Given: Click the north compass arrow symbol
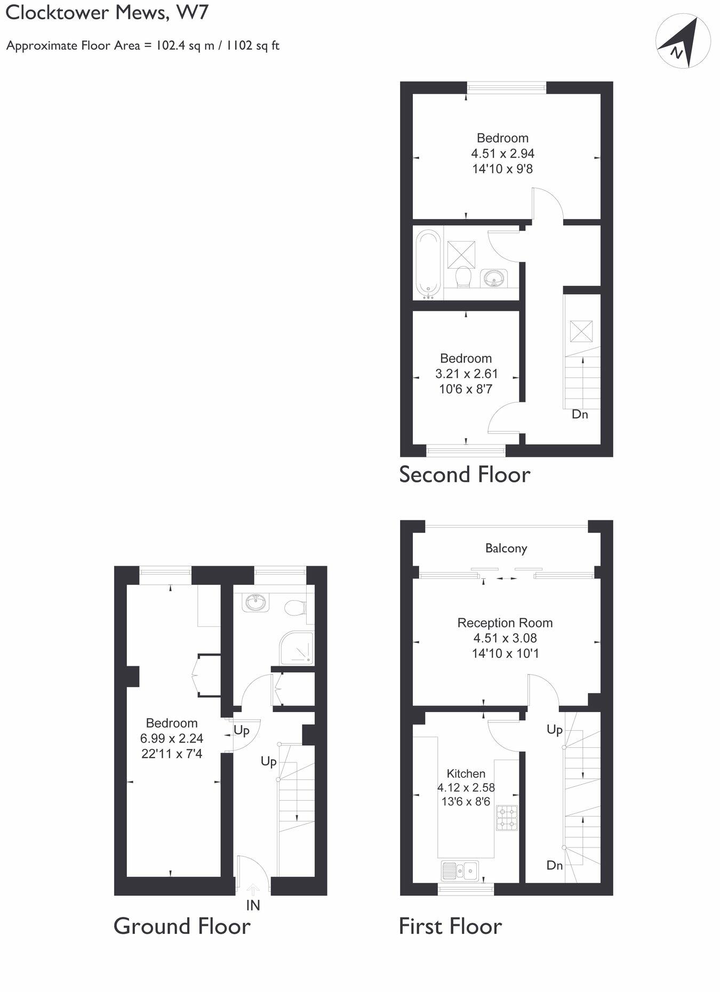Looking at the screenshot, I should pos(683,42).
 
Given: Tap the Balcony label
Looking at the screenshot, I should pos(506,548).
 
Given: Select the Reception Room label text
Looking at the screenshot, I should pos(505,623).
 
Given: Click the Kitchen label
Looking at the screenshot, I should pos(466,773).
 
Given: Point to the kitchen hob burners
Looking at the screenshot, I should pos(507,818).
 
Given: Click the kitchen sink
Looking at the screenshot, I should pos(460,870).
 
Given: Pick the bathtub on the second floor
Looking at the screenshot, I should pos(428,262).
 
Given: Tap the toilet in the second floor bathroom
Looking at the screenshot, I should pos(462,277).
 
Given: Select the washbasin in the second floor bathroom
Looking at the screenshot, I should pos(493,278).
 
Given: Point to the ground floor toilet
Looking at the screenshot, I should pos(295,607).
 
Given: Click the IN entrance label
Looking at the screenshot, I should pos(253,905).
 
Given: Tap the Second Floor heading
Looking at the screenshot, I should pos(465,474).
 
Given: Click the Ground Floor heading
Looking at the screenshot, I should pos(182,926).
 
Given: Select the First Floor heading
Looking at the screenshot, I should pos(450,926).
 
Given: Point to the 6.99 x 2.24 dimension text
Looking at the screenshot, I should pos(171,738).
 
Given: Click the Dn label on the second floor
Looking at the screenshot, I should pos(580,414).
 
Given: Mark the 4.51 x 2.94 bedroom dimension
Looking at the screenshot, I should pos(502,154).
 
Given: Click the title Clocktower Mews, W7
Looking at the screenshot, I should pos(107,13).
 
